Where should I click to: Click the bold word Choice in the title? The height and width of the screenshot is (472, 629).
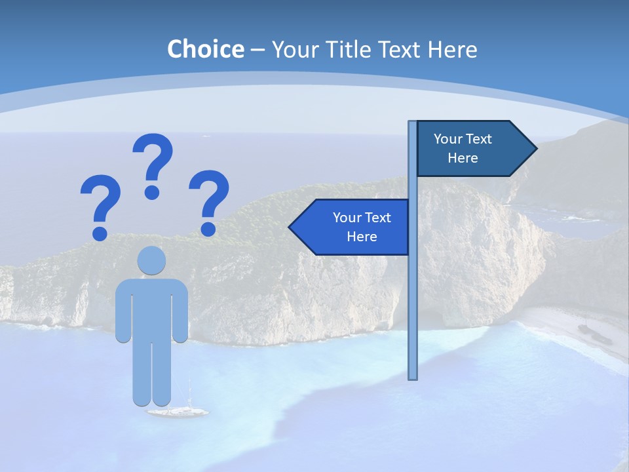tap(205, 49)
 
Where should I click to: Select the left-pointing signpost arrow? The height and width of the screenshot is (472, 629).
tap(351, 227)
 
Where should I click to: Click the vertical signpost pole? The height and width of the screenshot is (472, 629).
tap(413, 295)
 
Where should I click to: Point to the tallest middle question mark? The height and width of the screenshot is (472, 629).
tap(153, 161)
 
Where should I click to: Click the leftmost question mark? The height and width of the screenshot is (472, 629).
tap(100, 203)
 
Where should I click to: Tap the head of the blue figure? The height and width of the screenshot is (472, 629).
tap(151, 261)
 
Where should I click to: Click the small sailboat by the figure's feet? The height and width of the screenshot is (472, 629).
tap(178, 411)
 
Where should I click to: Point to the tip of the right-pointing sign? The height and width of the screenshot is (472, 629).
tap(535, 148)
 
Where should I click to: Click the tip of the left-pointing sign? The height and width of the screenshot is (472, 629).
tap(290, 227)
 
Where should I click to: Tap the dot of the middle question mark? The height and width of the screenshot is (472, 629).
tap(152, 192)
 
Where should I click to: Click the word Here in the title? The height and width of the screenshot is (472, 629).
tap(452, 49)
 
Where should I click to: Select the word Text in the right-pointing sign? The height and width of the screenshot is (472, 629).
tap(479, 139)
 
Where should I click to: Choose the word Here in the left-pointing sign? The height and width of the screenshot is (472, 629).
tap(362, 237)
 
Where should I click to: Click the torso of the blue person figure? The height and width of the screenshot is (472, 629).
tap(151, 308)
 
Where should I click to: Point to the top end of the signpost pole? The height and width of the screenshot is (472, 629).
tap(413, 122)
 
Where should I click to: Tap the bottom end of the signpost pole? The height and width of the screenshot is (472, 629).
tap(413, 378)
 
